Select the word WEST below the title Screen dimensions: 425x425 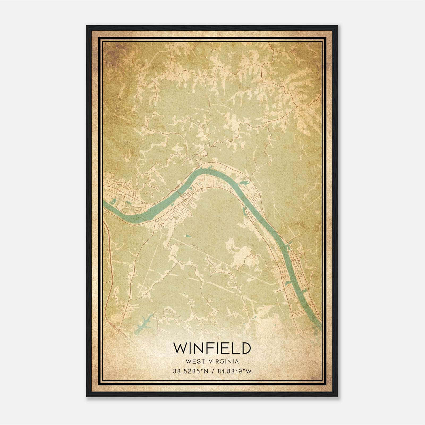point(195,362)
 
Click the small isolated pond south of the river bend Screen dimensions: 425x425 point(188,236)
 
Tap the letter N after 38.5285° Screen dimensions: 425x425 point(206,371)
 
